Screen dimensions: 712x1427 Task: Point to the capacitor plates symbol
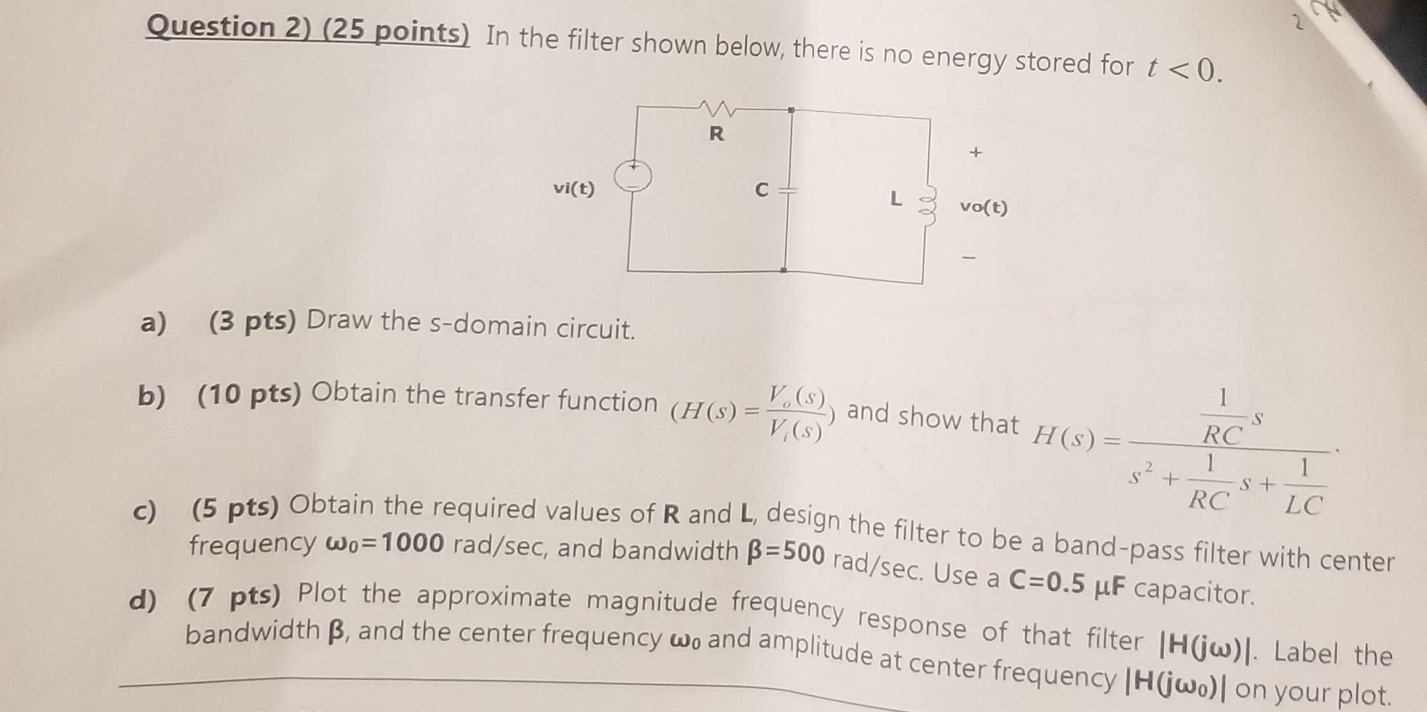click(x=787, y=190)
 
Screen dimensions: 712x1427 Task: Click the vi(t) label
click(x=574, y=189)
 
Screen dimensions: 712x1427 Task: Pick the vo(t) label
click(x=984, y=207)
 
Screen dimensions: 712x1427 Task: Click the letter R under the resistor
click(x=717, y=133)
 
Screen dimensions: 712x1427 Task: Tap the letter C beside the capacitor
click(x=762, y=190)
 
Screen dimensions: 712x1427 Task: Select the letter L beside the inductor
click(x=896, y=198)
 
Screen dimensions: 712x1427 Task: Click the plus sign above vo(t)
click(x=975, y=152)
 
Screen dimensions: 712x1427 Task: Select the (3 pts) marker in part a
click(x=252, y=320)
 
